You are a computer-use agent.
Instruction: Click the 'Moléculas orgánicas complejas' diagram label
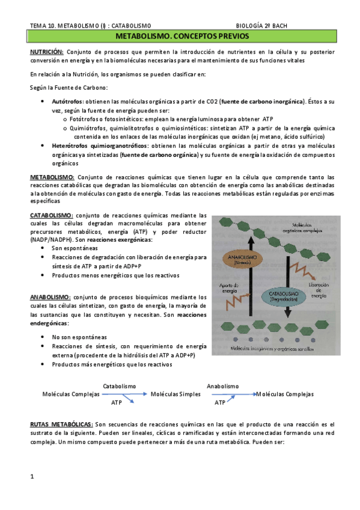tap(323, 227)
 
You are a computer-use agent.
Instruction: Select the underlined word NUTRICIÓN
tap(47, 52)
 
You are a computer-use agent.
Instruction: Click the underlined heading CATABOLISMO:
tap(52, 215)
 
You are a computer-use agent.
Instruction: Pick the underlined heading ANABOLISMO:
tap(50, 297)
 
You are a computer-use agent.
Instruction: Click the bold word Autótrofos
tap(67, 102)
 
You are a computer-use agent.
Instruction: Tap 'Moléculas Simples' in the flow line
tap(174, 394)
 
